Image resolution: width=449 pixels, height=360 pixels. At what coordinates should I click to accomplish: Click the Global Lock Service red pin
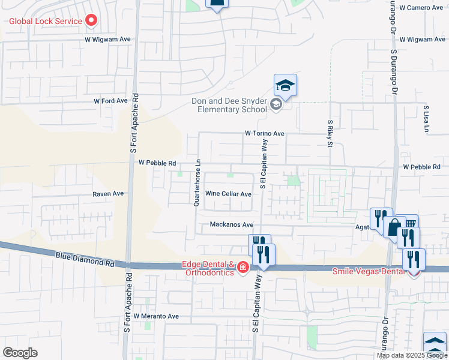(91, 21)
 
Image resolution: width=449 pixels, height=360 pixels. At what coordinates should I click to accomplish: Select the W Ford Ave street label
(110, 101)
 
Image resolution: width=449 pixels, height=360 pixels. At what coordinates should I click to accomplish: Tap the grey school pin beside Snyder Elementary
(276, 106)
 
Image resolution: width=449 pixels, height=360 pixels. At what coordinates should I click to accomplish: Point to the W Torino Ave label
(264, 134)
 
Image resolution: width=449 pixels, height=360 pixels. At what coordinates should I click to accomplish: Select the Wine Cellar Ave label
(228, 194)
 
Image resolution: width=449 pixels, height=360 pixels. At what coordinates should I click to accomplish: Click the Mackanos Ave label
(232, 224)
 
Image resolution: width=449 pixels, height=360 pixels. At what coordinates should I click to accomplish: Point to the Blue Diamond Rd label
(85, 259)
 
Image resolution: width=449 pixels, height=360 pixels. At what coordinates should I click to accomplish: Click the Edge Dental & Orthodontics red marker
(243, 267)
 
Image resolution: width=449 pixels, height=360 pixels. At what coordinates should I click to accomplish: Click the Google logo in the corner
(20, 353)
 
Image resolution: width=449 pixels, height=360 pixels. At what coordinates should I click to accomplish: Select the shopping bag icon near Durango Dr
(394, 228)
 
